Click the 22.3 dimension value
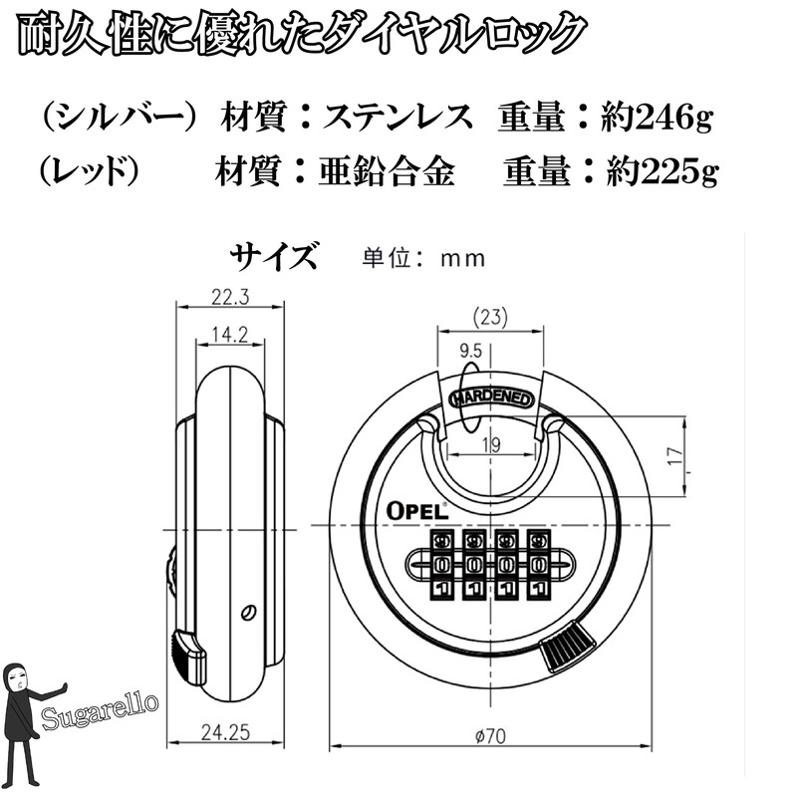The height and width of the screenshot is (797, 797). pyautogui.click(x=230, y=297)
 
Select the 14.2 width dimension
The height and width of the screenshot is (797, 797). pyautogui.click(x=230, y=335)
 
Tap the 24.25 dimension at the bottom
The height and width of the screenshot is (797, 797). pyautogui.click(x=226, y=732)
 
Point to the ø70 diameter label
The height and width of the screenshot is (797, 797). pyautogui.click(x=490, y=736)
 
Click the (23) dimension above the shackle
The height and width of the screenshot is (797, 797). pyautogui.click(x=490, y=317)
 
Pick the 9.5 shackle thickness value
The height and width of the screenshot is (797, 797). pyautogui.click(x=470, y=351)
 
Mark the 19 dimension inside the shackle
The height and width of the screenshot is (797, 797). pyautogui.click(x=491, y=445)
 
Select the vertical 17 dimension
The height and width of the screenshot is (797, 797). pyautogui.click(x=676, y=456)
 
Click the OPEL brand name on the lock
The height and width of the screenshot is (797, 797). pyautogui.click(x=417, y=511)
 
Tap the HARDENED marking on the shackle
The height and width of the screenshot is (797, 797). pyautogui.click(x=492, y=398)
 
